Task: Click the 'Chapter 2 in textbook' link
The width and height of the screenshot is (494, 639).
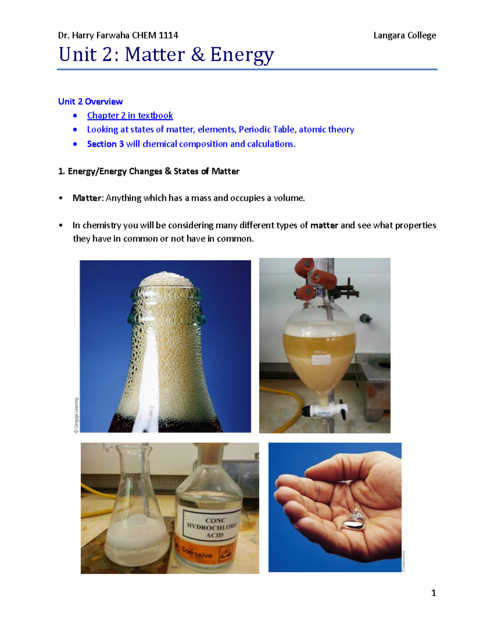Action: [130, 116]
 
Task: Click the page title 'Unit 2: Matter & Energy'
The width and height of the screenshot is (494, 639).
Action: [166, 55]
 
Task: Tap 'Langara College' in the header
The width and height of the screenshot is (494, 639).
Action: [404, 35]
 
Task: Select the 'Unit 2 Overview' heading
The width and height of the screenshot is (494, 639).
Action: [90, 102]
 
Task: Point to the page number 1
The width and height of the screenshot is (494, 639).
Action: [433, 593]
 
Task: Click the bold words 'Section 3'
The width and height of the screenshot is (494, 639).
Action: [105, 144]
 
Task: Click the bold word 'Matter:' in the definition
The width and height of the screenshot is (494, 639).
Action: [88, 198]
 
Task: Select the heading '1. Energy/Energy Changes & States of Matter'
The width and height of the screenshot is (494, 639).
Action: [149, 171]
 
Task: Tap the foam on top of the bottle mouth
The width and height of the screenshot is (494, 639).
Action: [166, 280]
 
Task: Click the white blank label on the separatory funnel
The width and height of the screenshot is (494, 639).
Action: [324, 360]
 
